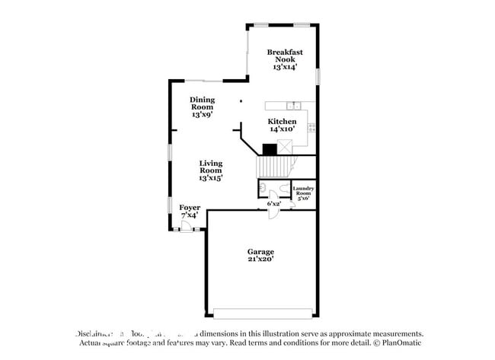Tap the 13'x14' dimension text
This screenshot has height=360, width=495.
(x=285, y=66)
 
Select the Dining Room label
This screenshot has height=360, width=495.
(x=202, y=103)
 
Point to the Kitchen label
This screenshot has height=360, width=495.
(x=282, y=121)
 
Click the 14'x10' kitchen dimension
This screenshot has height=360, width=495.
(x=282, y=129)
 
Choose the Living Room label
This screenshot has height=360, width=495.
(x=211, y=167)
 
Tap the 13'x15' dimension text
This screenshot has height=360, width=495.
(x=211, y=177)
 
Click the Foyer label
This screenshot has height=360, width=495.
(x=190, y=207)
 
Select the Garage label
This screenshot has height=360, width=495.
(x=260, y=251)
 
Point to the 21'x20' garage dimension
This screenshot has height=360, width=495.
(x=260, y=260)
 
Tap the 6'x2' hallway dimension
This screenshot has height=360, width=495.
(x=274, y=203)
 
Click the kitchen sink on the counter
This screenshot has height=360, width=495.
(x=289, y=105)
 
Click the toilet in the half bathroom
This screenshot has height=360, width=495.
(x=262, y=187)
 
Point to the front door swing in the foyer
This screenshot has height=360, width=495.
(x=187, y=225)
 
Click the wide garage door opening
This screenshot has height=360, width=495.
(x=262, y=312)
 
